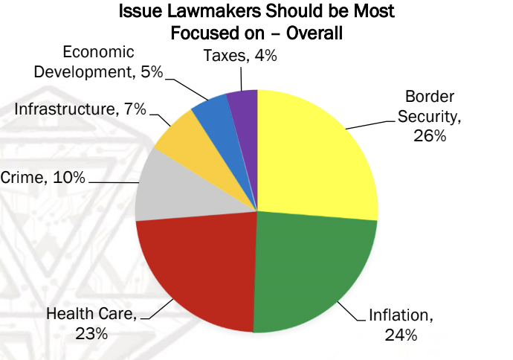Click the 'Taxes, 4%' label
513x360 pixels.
coord(240,55)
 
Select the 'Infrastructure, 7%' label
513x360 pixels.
coord(80,109)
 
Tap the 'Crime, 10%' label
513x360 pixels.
coord(43,177)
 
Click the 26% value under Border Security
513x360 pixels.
coord(430,135)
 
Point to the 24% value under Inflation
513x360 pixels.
coord(401,335)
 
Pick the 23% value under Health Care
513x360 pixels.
coord(91,334)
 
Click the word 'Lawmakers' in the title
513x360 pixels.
coord(214,11)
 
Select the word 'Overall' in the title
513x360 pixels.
coord(314,33)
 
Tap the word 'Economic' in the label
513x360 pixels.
coord(98,52)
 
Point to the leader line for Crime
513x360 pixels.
coord(114,182)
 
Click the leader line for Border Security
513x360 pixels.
coord(370,125)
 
